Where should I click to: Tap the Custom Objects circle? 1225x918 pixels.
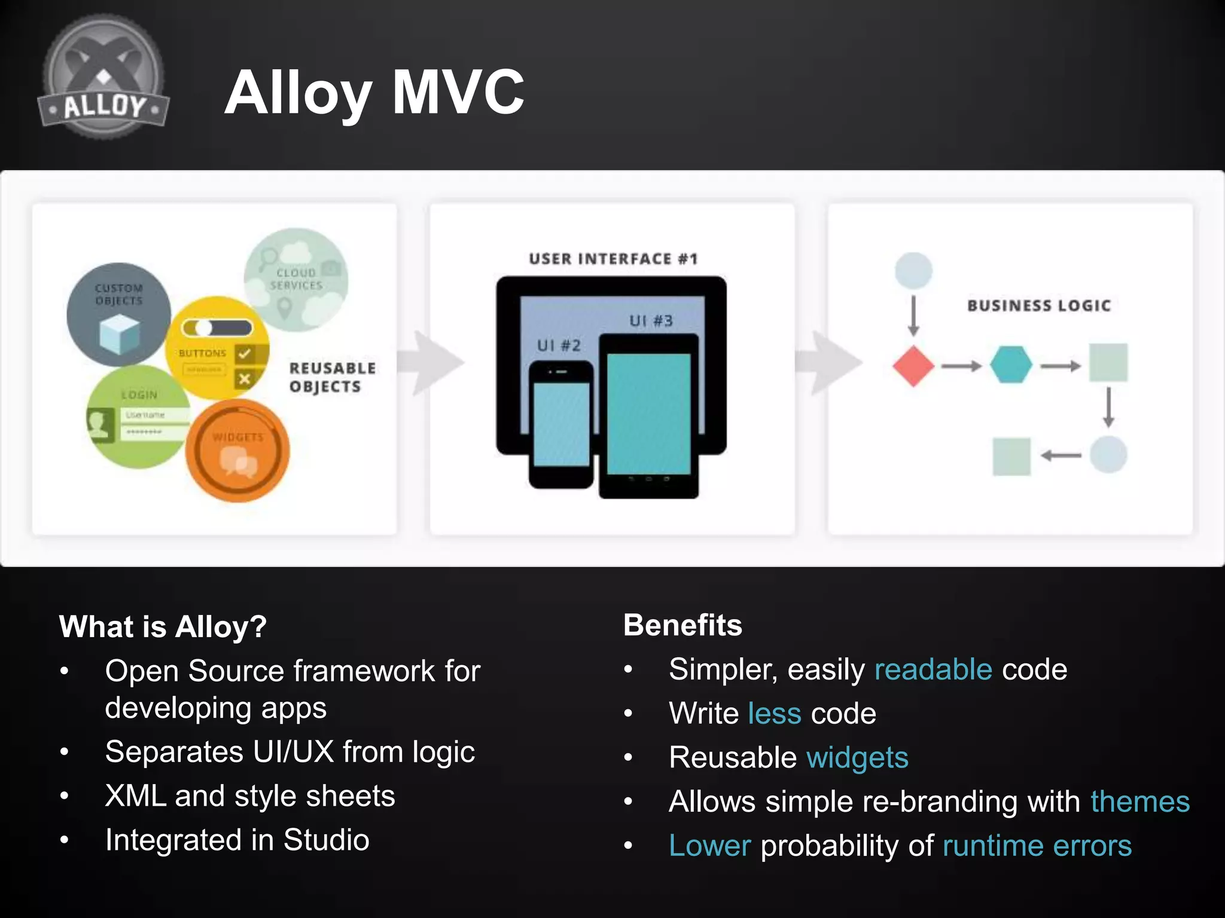coord(118,314)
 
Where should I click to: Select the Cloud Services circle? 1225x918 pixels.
coord(297,280)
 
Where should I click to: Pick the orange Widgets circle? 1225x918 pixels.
coord(237,451)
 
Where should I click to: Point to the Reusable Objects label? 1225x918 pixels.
coord(332,377)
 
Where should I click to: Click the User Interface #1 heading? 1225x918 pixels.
coord(612,259)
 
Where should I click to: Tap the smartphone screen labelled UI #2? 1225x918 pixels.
coord(561,424)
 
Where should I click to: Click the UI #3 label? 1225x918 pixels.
coord(651,321)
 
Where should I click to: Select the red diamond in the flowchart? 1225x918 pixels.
coord(913,366)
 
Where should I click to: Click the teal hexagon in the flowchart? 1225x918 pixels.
coord(1010,365)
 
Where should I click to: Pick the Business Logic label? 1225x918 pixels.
coord(1038,305)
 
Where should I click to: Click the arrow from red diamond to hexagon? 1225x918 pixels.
coord(961,366)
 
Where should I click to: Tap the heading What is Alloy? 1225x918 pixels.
coord(163,626)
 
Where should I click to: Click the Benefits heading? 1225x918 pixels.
coord(682,625)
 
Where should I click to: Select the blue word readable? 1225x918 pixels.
coord(933,669)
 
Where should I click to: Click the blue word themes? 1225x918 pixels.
coord(1139,801)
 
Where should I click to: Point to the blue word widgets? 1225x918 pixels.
coord(857,757)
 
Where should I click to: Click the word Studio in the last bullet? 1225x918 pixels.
coord(326,840)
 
